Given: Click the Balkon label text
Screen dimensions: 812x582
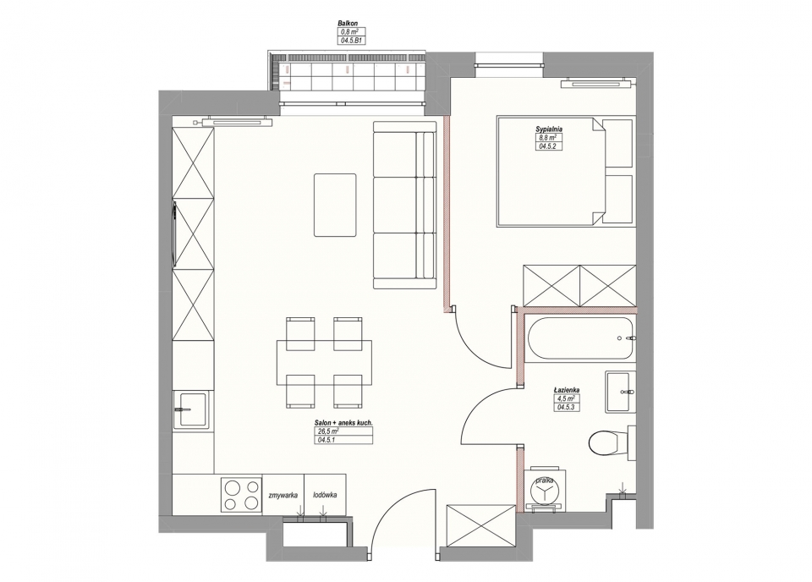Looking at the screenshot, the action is pos(348,24).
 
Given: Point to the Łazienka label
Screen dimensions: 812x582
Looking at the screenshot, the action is pos(566,390).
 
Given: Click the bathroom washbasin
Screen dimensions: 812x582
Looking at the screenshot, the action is pos(620,392).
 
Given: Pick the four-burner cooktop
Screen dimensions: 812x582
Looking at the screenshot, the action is pos(241,495).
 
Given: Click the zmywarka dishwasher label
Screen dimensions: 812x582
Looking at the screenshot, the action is pos(283,496).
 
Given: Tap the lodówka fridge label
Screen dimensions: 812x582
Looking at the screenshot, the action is pos(325,495).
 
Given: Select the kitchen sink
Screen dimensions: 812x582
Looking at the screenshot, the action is pos(193,409).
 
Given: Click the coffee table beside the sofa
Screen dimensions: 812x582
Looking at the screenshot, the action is pos(335,206).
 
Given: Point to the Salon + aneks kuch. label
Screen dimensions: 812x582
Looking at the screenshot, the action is pos(343,423).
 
